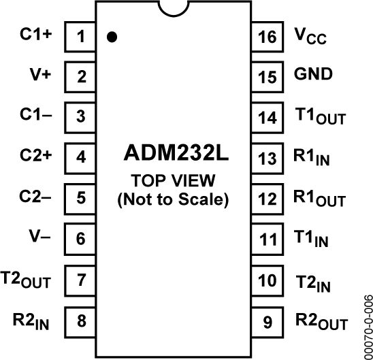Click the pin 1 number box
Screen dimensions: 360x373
point(81,36)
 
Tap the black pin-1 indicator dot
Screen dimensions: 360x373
point(112,37)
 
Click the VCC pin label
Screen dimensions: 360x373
point(310,35)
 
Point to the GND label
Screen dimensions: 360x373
point(313,75)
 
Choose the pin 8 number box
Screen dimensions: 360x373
point(81,319)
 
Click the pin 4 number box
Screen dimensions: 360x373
point(81,157)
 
